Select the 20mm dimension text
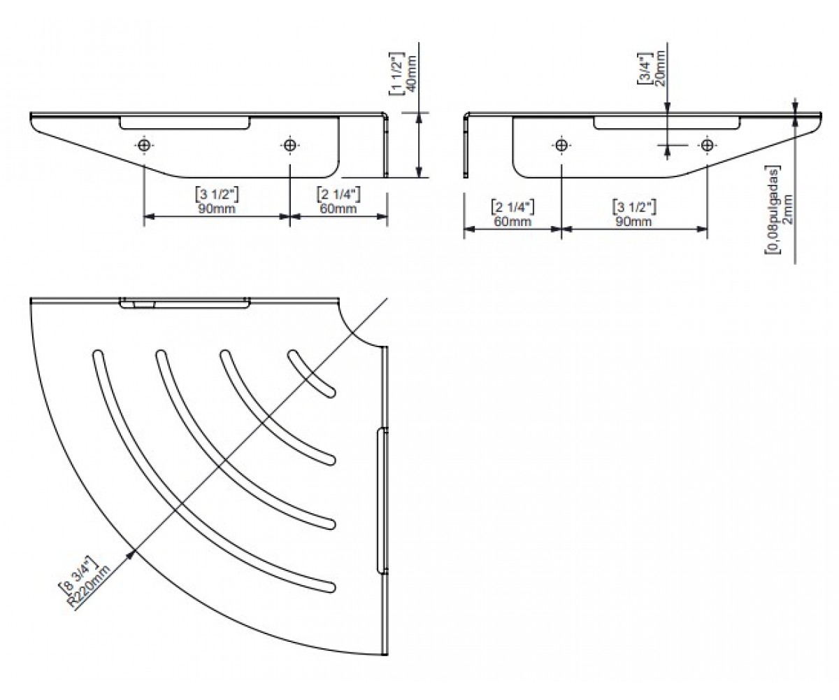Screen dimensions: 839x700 coord(660,69)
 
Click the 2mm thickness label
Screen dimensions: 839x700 coord(789,209)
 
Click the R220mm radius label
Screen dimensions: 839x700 coord(91,587)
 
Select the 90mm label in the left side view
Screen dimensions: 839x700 coord(217,209)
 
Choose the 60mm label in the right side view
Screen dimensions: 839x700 coord(512,222)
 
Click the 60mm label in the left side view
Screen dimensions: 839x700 coord(338,209)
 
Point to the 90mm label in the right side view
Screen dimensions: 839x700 coord(633,222)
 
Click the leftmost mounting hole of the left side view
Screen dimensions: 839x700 coord(144,145)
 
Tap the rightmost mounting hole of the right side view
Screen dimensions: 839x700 coord(707,145)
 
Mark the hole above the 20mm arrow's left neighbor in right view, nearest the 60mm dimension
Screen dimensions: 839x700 coord(561,145)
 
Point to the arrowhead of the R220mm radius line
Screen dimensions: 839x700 coord(131,554)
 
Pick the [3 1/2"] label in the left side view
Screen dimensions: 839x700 coord(217,195)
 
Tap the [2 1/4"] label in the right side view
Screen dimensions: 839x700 coord(512,208)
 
